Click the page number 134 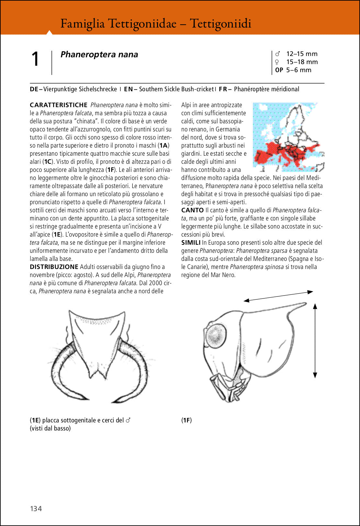36,509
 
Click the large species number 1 35,60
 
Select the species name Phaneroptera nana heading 99,54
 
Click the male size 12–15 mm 302,54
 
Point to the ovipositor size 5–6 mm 298,70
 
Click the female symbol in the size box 277,62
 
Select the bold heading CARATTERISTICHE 59,105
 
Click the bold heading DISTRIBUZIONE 54,267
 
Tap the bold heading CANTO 192,210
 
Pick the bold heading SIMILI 191,242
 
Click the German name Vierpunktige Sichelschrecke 80,89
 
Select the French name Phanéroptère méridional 266,89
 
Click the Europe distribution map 288,137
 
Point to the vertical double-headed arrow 315,340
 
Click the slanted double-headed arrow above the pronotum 278,296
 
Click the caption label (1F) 186,420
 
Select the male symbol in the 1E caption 128,420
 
